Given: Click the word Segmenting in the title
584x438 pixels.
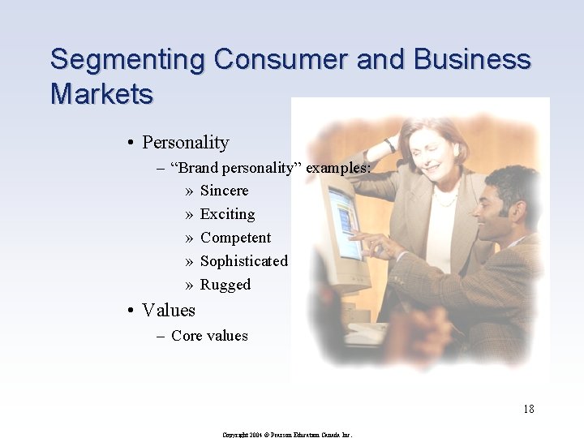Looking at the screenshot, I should point(127,60).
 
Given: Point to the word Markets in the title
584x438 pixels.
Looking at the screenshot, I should point(101,94).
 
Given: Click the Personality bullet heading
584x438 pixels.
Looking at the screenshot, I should point(185,143).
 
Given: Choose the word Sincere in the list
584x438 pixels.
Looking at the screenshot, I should point(224,191).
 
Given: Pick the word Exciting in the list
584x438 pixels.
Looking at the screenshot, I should point(227,214).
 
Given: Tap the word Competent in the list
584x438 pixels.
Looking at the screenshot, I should point(235,238).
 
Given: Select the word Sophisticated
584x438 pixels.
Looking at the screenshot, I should point(243,261).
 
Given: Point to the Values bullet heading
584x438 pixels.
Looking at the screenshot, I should point(168,310).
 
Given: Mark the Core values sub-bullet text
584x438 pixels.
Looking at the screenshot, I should point(209,336).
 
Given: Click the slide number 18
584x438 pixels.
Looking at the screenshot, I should point(528,409).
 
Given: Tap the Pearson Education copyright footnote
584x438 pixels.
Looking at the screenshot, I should point(287,435).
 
